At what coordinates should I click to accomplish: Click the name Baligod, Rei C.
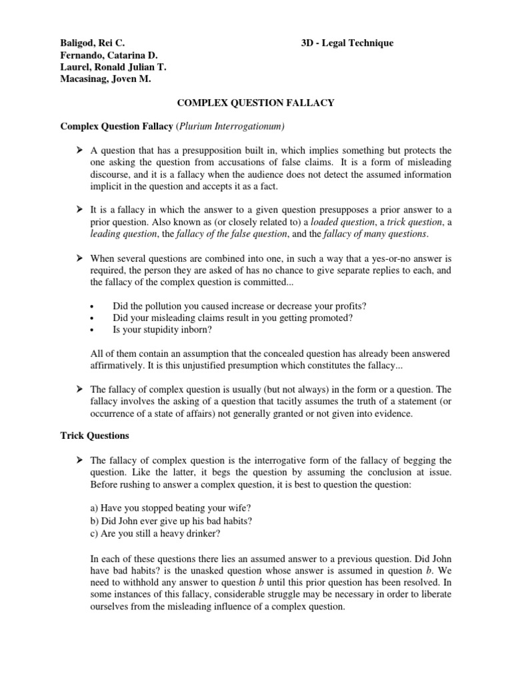[x=92, y=43]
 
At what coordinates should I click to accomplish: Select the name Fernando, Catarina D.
[x=105, y=55]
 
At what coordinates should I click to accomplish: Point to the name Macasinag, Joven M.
[x=106, y=79]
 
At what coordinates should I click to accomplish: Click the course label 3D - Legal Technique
[x=347, y=43]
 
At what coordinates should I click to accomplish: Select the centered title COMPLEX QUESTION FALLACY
[x=255, y=103]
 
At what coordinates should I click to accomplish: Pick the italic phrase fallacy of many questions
[x=377, y=234]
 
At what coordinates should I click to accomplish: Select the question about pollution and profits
[x=239, y=306]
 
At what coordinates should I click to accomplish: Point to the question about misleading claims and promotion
[x=233, y=318]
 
